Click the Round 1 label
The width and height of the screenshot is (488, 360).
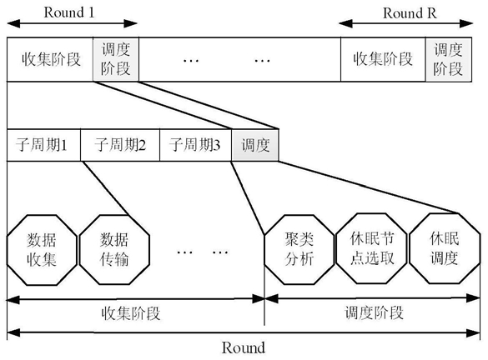click(x=68, y=12)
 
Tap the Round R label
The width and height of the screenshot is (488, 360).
click(x=410, y=13)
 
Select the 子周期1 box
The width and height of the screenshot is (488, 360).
click(x=43, y=145)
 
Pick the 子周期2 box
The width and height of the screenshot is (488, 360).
click(x=120, y=145)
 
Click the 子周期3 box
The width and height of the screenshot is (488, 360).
click(x=195, y=145)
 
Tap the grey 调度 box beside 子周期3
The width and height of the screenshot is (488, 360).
click(x=255, y=145)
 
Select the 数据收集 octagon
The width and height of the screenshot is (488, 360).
click(x=42, y=250)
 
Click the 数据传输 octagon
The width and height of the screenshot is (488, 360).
click(x=114, y=250)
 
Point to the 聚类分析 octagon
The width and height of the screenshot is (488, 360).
click(x=299, y=250)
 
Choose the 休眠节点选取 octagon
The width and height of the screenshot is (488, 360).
click(x=371, y=248)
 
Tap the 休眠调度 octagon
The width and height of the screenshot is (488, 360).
click(x=445, y=248)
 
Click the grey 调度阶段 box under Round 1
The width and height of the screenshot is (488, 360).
click(x=116, y=59)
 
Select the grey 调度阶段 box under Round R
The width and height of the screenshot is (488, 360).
click(x=449, y=59)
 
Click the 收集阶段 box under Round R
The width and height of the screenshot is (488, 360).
click(x=383, y=59)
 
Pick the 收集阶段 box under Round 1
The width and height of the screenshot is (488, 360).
click(x=50, y=59)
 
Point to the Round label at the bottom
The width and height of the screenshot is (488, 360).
click(x=244, y=347)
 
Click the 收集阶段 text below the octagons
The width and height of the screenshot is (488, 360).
click(x=131, y=313)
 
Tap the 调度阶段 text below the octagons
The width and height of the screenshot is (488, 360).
click(x=374, y=312)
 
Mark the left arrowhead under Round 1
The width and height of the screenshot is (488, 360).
click(x=13, y=23)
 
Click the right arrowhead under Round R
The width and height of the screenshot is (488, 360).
click(x=466, y=23)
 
